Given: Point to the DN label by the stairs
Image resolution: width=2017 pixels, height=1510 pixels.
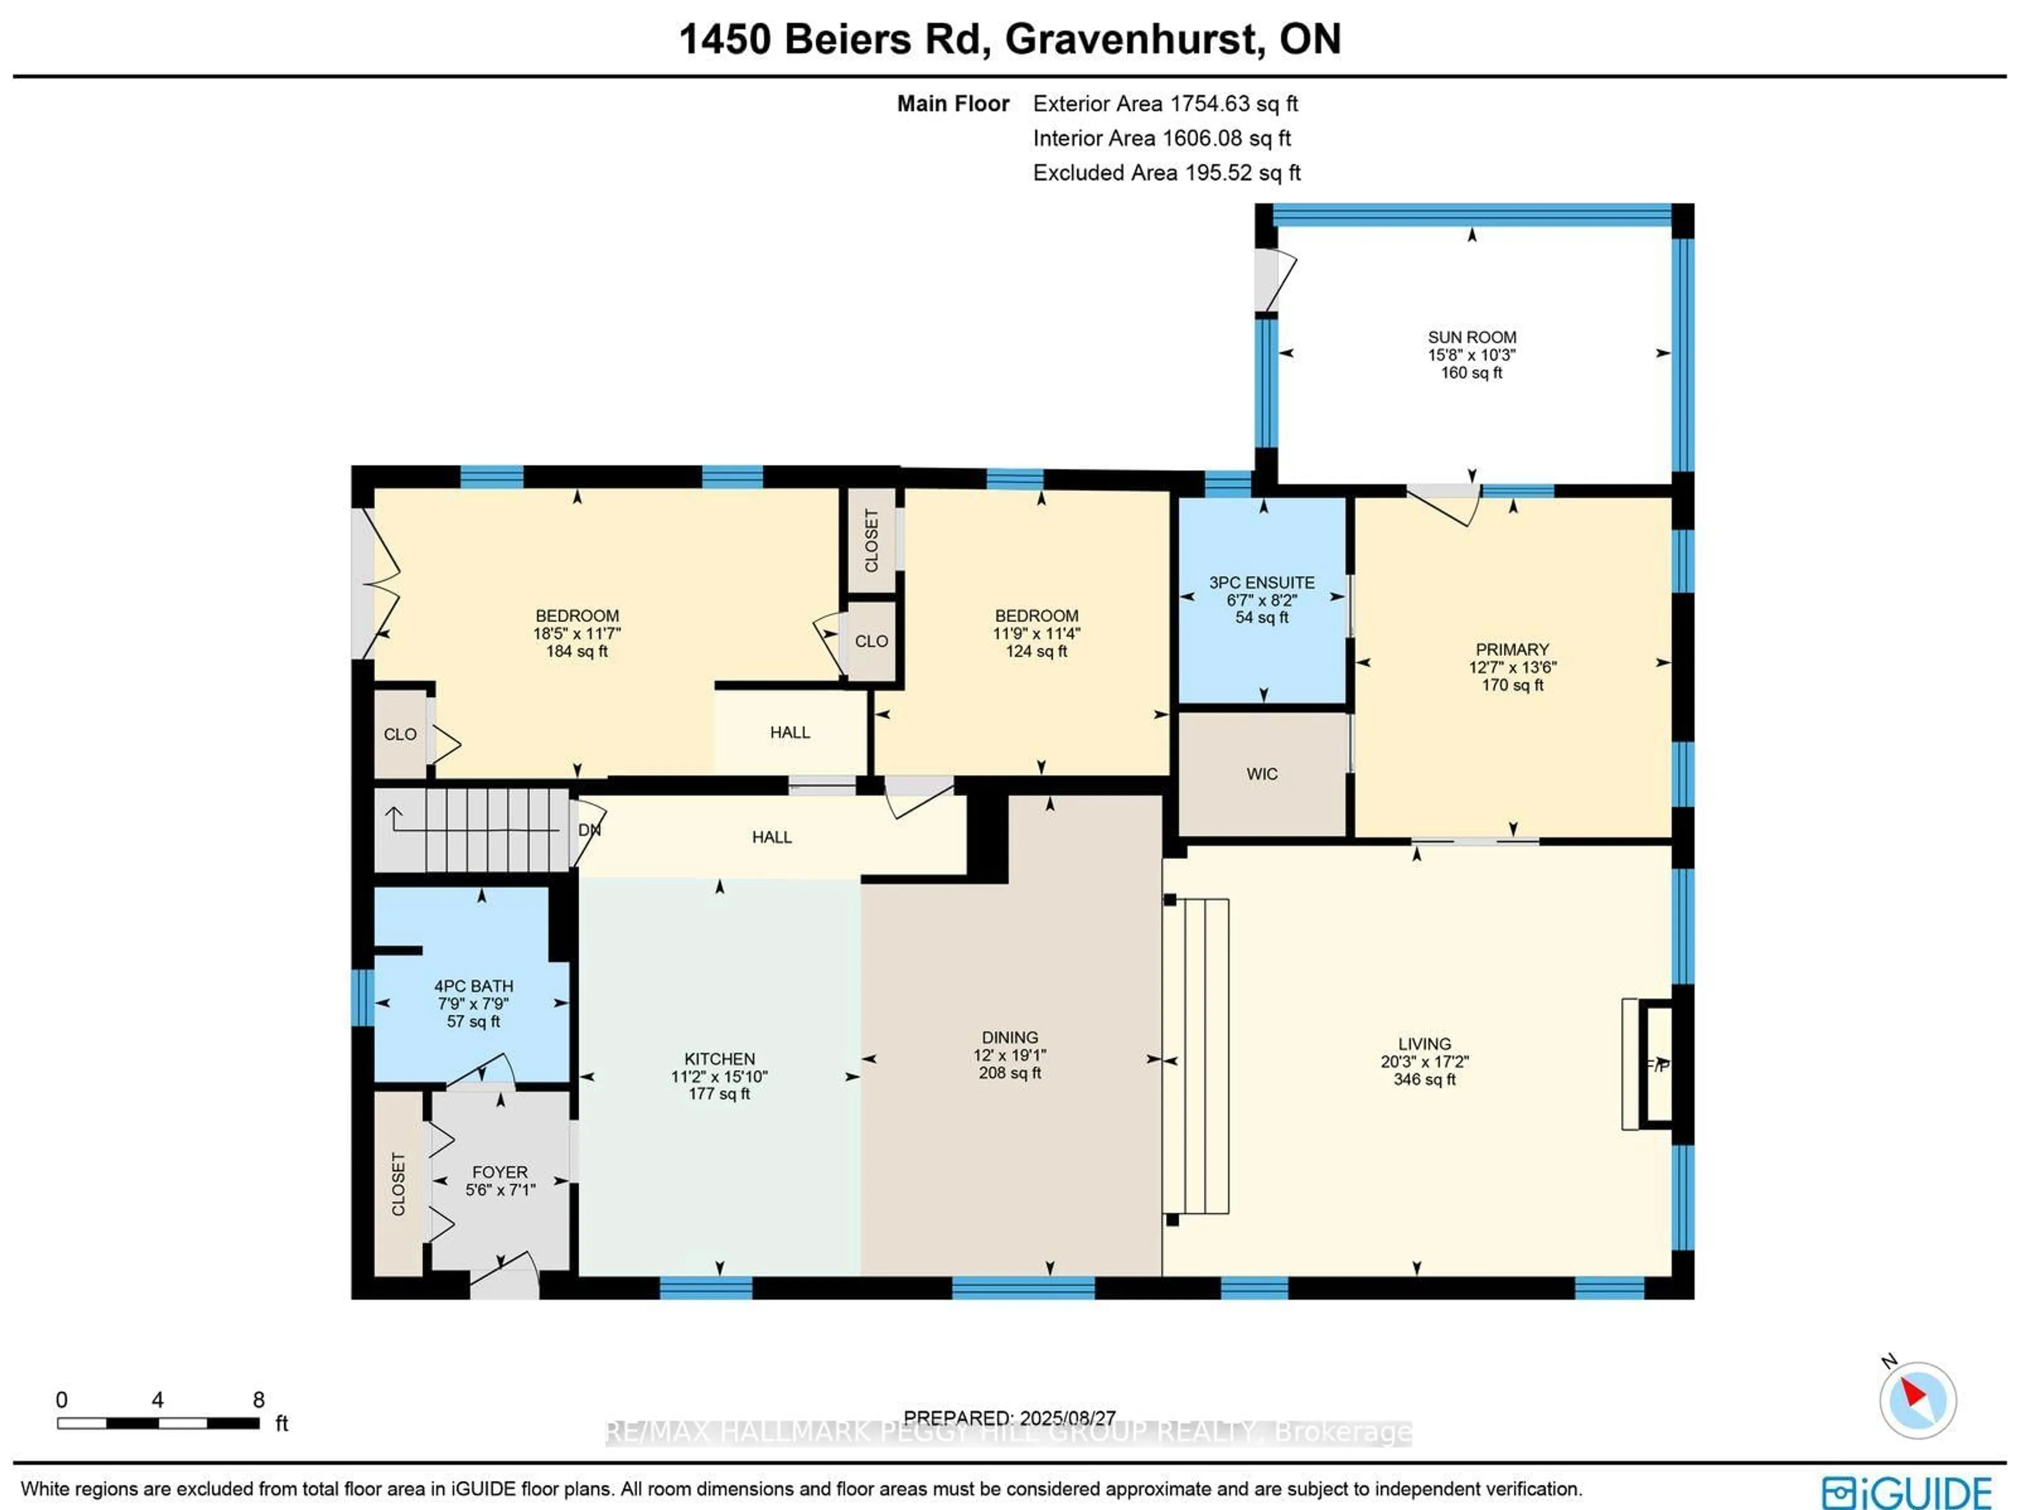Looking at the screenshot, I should (x=589, y=830).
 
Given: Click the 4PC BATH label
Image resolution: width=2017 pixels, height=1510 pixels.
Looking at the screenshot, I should (x=473, y=986).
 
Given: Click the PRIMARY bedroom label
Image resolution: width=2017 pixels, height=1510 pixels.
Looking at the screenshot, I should (x=1512, y=649).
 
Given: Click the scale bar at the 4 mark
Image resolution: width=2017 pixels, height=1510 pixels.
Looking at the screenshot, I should (x=157, y=1422).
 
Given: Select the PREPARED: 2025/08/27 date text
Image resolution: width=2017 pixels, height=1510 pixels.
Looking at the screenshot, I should (x=1010, y=1418).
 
